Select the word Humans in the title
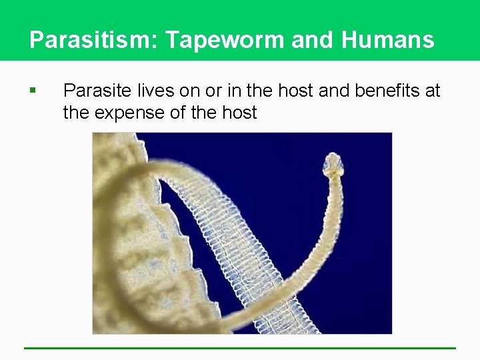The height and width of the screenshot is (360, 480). tap(388, 40)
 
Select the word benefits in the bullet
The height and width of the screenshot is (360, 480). tap(385, 91)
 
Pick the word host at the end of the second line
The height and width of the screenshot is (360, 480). tap(237, 113)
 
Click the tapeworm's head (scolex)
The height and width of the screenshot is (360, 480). tap(332, 163)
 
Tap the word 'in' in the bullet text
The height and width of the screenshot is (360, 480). tap(225, 91)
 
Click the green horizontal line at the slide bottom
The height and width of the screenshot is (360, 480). tap(240, 348)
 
